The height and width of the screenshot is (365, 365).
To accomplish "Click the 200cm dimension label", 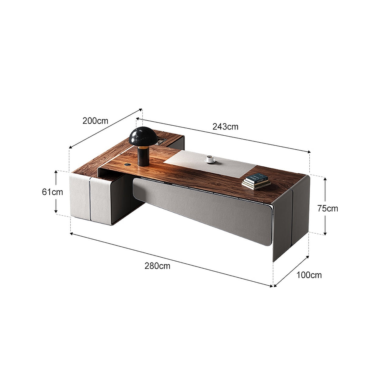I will point(95,121).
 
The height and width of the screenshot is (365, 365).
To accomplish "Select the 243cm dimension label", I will point(225,127).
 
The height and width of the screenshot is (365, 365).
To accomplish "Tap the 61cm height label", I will point(52,192).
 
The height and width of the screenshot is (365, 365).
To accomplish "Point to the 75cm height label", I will point(327,208).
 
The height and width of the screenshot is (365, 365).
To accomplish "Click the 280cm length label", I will point(157,266).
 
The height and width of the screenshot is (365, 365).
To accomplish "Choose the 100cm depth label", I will point(309,275).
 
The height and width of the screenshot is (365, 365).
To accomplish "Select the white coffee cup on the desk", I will point(209,159).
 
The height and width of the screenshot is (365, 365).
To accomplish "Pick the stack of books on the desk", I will point(256,181).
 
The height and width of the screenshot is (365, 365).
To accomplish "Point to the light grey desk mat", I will point(210,162).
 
